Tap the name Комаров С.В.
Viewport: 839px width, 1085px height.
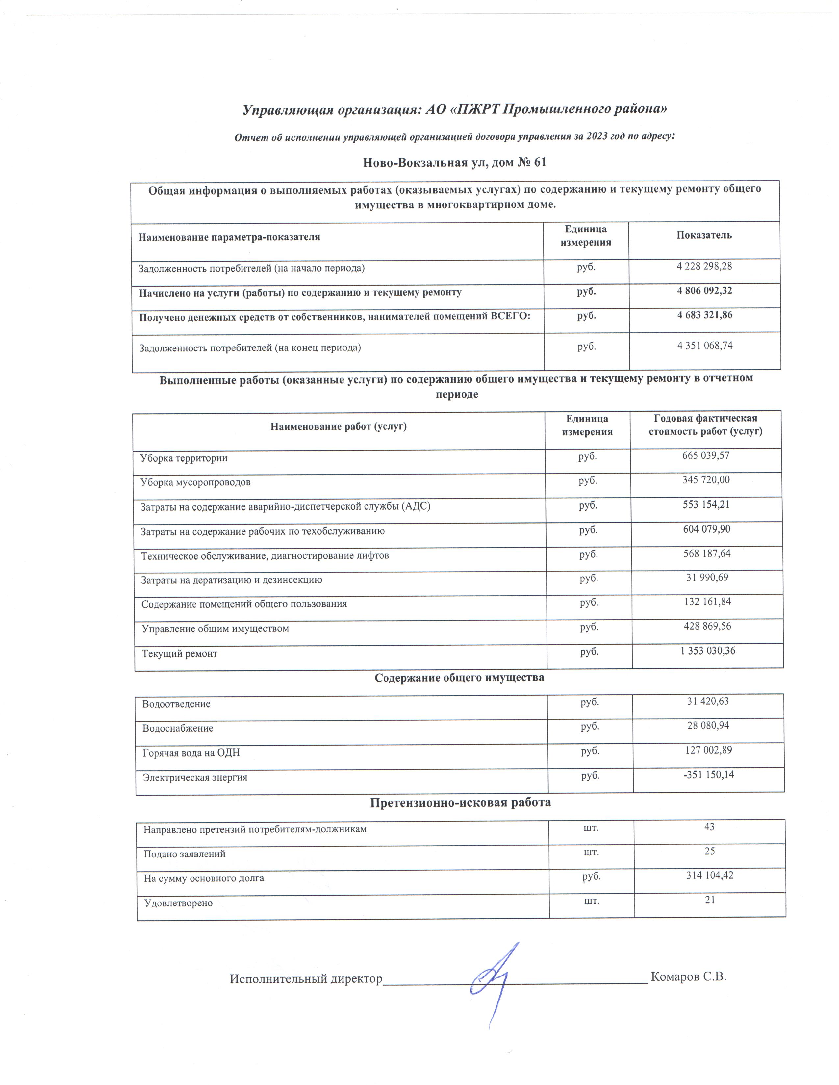tap(688, 977)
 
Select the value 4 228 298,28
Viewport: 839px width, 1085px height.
tap(704, 266)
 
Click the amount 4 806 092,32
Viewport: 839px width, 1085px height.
tap(704, 291)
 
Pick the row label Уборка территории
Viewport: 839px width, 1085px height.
tap(184, 458)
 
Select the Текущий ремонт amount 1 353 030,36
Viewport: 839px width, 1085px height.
tap(707, 651)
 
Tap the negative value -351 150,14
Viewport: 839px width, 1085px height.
tap(709, 775)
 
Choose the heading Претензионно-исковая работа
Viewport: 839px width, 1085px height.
tap(460, 802)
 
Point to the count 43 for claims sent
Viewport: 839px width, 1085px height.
tap(709, 827)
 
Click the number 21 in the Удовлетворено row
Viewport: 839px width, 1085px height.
tap(710, 900)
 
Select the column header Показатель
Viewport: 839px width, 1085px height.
tap(704, 235)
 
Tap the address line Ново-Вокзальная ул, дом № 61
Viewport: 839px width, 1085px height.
tap(455, 162)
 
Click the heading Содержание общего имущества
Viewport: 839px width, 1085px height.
tap(459, 678)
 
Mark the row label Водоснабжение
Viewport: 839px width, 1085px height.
tap(178, 728)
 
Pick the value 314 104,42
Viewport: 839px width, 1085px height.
tap(710, 875)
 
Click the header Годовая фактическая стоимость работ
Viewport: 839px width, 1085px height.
tap(705, 425)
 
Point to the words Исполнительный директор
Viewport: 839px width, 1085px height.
tap(306, 979)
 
